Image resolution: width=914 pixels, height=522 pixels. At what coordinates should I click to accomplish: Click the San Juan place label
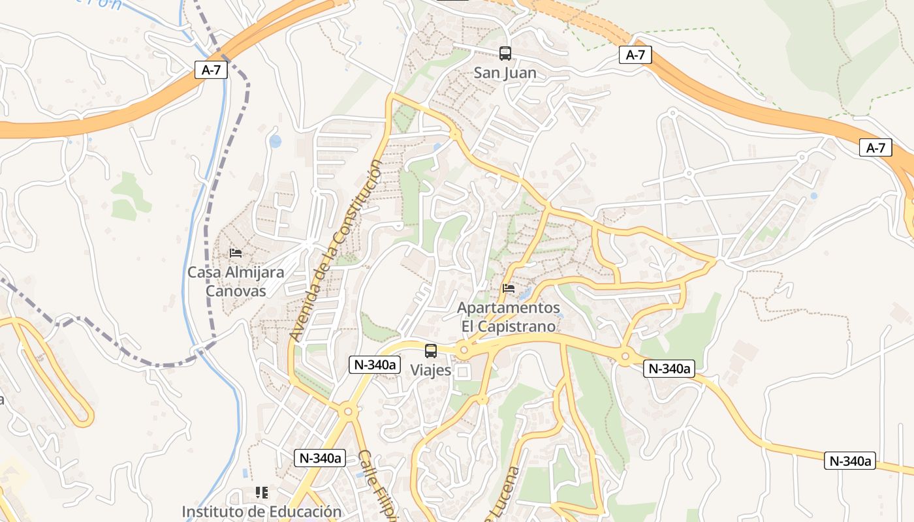point(505,73)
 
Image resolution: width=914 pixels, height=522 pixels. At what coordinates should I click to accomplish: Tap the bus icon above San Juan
point(505,54)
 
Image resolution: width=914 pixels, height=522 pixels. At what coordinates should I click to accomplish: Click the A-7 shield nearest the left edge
point(211,70)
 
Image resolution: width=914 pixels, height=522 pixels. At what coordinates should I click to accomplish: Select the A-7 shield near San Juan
point(635,55)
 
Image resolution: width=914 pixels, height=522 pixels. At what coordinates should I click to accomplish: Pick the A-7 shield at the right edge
point(875,148)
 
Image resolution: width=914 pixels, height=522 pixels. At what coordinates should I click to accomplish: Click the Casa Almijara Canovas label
point(236,281)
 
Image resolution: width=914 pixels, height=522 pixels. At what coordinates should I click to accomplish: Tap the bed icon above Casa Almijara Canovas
point(236,253)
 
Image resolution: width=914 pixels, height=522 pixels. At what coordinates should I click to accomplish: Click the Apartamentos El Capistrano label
point(509,316)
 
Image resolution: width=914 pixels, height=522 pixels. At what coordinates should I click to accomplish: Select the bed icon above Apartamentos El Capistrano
point(509,288)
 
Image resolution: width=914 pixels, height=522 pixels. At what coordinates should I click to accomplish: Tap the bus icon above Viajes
point(431,351)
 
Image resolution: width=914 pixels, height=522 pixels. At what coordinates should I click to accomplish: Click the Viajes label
point(431,370)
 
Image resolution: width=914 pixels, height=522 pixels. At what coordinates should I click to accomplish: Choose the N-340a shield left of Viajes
point(375,365)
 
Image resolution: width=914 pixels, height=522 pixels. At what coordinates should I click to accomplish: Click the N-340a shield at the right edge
point(851,461)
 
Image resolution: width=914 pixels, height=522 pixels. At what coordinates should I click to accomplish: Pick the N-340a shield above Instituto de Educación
point(321,458)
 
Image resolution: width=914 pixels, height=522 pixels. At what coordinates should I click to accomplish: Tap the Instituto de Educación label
point(261,512)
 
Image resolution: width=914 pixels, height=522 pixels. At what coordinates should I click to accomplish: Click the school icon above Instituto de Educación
point(262,492)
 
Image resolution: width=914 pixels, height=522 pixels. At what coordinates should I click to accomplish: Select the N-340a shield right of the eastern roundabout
point(669,369)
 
